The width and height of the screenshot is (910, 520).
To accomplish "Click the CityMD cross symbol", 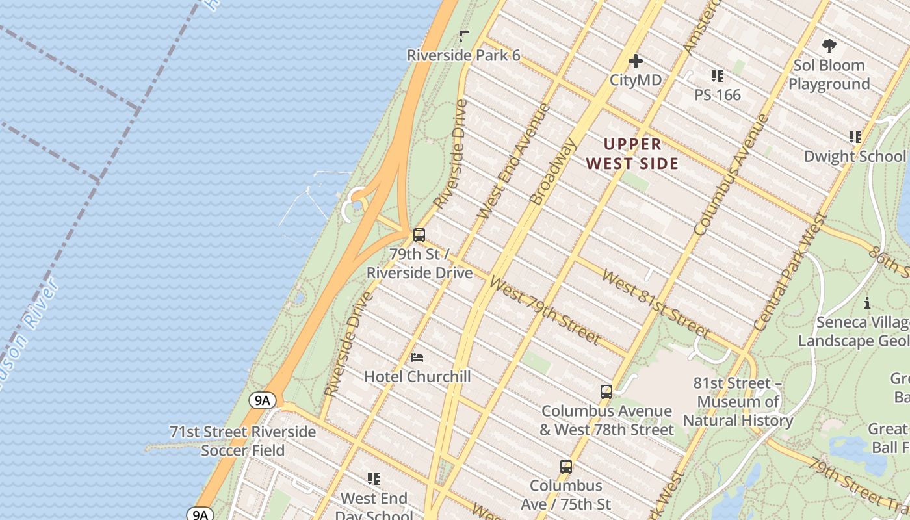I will coord(636,62).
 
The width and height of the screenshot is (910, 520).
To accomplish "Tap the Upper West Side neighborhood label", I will coord(632,153).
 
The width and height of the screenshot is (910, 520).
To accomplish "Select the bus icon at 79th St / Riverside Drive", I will coord(419,235).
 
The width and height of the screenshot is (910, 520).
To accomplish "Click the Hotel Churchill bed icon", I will coord(417,357).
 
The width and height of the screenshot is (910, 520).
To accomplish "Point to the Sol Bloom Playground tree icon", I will coord(829,46).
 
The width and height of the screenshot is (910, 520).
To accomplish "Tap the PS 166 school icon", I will coord(718,76).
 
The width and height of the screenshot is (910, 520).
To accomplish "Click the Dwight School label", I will coord(854,156).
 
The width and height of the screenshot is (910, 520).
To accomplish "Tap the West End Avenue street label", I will coord(514,161).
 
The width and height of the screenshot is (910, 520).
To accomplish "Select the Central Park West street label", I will coord(790,272).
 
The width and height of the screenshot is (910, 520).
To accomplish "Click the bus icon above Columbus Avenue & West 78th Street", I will coord(606,392).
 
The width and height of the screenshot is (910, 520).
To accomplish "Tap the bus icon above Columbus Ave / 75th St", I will coord(566,467).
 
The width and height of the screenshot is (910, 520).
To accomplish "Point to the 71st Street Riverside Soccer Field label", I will coord(243,441).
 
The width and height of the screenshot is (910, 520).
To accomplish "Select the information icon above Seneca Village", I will coord(866,304).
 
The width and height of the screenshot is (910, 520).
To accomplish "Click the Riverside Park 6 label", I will coord(463,55).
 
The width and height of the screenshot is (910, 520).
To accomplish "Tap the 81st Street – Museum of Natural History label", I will coord(738,402).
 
